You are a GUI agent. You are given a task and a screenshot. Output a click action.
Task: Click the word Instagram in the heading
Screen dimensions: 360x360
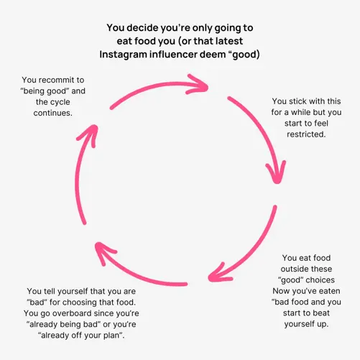tap(123, 55)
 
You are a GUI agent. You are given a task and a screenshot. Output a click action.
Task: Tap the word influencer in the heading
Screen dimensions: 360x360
tap(173, 55)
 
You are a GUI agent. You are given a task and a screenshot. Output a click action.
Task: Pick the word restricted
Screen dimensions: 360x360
tap(306, 134)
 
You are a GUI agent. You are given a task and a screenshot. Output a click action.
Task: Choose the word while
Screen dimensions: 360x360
tap(302, 112)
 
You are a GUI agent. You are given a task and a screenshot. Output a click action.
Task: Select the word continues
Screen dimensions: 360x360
tap(52, 113)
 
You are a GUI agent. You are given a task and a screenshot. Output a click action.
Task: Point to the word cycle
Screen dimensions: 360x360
tap(60, 102)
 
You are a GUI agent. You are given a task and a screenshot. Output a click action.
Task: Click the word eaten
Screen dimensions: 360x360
tap(330, 291)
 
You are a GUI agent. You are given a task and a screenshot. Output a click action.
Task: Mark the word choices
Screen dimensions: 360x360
tap(320, 280)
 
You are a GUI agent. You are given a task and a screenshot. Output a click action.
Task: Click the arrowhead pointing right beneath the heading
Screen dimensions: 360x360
tap(198, 84)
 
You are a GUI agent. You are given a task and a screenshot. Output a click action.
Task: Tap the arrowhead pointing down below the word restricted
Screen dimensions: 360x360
tap(276, 172)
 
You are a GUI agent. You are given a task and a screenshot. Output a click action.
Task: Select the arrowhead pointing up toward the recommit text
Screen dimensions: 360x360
tap(88, 135)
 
